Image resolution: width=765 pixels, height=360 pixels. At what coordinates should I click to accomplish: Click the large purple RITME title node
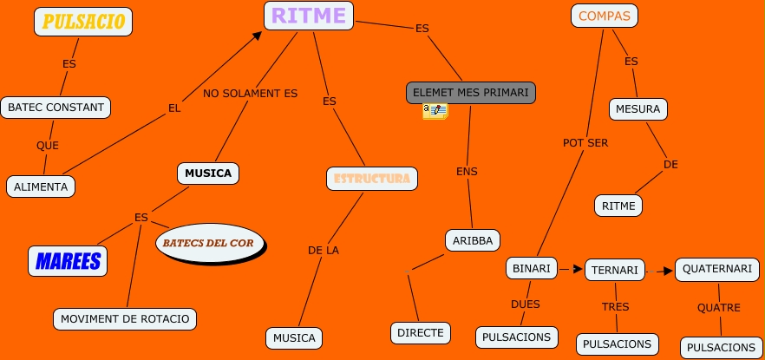tap(308, 15)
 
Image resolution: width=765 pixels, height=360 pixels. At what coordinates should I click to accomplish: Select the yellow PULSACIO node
tap(83, 22)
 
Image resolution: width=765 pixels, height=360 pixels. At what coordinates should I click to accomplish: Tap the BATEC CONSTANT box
tap(56, 108)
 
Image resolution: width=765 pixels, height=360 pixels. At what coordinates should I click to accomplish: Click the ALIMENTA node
tap(41, 186)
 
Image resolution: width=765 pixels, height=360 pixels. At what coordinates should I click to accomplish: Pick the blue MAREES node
tap(67, 260)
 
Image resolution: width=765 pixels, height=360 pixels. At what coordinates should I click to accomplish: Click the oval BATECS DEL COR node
tap(209, 243)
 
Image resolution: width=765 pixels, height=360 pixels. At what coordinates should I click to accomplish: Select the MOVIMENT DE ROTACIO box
tap(124, 318)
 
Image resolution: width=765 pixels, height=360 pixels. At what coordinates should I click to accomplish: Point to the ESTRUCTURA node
tap(372, 179)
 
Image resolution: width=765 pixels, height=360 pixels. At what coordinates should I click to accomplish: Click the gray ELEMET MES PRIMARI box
tap(471, 91)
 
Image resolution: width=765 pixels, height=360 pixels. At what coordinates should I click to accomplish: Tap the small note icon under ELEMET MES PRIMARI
tap(435, 110)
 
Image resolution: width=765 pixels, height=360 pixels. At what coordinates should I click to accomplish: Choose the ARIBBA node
tap(473, 239)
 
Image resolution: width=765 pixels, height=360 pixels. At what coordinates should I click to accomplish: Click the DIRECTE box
tap(421, 331)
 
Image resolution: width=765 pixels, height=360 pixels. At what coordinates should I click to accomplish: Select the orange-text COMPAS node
tap(605, 16)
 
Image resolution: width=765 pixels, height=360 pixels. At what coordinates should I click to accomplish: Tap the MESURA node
tap(639, 109)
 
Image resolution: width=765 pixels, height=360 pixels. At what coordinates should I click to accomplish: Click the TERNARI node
tap(614, 270)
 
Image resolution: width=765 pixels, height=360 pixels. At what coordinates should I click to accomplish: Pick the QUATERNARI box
tap(716, 269)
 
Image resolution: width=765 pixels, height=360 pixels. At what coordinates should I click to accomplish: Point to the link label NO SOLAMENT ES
tap(250, 93)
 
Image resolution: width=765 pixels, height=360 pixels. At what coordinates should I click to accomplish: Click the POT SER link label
tap(585, 142)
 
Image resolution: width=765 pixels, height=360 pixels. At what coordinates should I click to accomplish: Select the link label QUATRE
tap(718, 307)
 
